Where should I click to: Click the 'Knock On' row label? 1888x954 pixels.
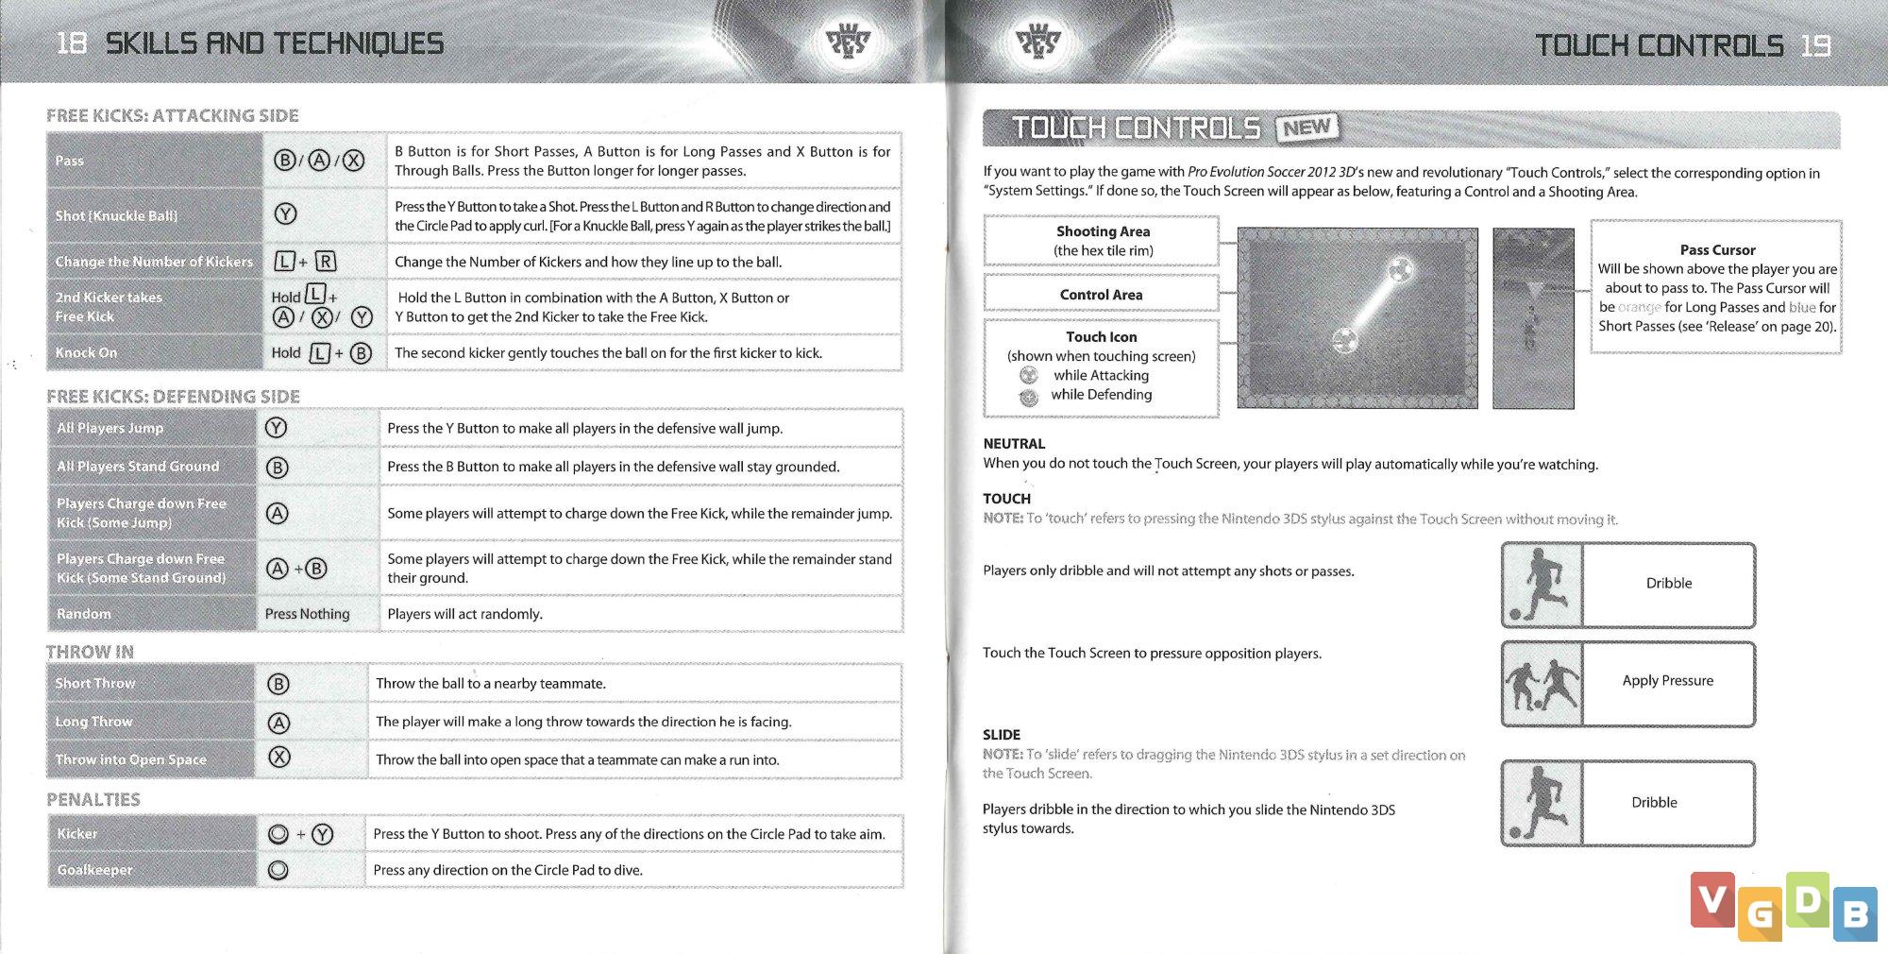87,352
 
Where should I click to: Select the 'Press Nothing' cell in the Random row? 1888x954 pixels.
307,614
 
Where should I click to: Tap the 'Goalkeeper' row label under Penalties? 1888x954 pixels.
94,870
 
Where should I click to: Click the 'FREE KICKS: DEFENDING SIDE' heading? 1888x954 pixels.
173,396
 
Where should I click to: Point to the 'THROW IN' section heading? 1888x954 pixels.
91,652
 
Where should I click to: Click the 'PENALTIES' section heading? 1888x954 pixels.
93,800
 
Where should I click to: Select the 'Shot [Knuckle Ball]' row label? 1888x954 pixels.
116,215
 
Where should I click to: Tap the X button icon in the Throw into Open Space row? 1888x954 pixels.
278,758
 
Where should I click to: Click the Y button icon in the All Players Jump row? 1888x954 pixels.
276,428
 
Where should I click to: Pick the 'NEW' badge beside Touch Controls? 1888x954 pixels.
1306,128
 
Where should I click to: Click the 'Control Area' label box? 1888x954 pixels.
1101,295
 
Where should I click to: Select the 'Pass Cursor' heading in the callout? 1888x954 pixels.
1717,249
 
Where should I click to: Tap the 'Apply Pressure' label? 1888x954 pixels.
1667,680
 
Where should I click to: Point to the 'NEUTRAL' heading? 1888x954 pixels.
1014,443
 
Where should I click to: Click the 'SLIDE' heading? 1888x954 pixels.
1001,734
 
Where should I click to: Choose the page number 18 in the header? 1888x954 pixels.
71,43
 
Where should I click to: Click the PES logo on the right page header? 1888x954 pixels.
1037,42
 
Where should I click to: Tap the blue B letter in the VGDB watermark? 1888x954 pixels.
1855,913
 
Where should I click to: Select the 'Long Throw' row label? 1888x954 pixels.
93,722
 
